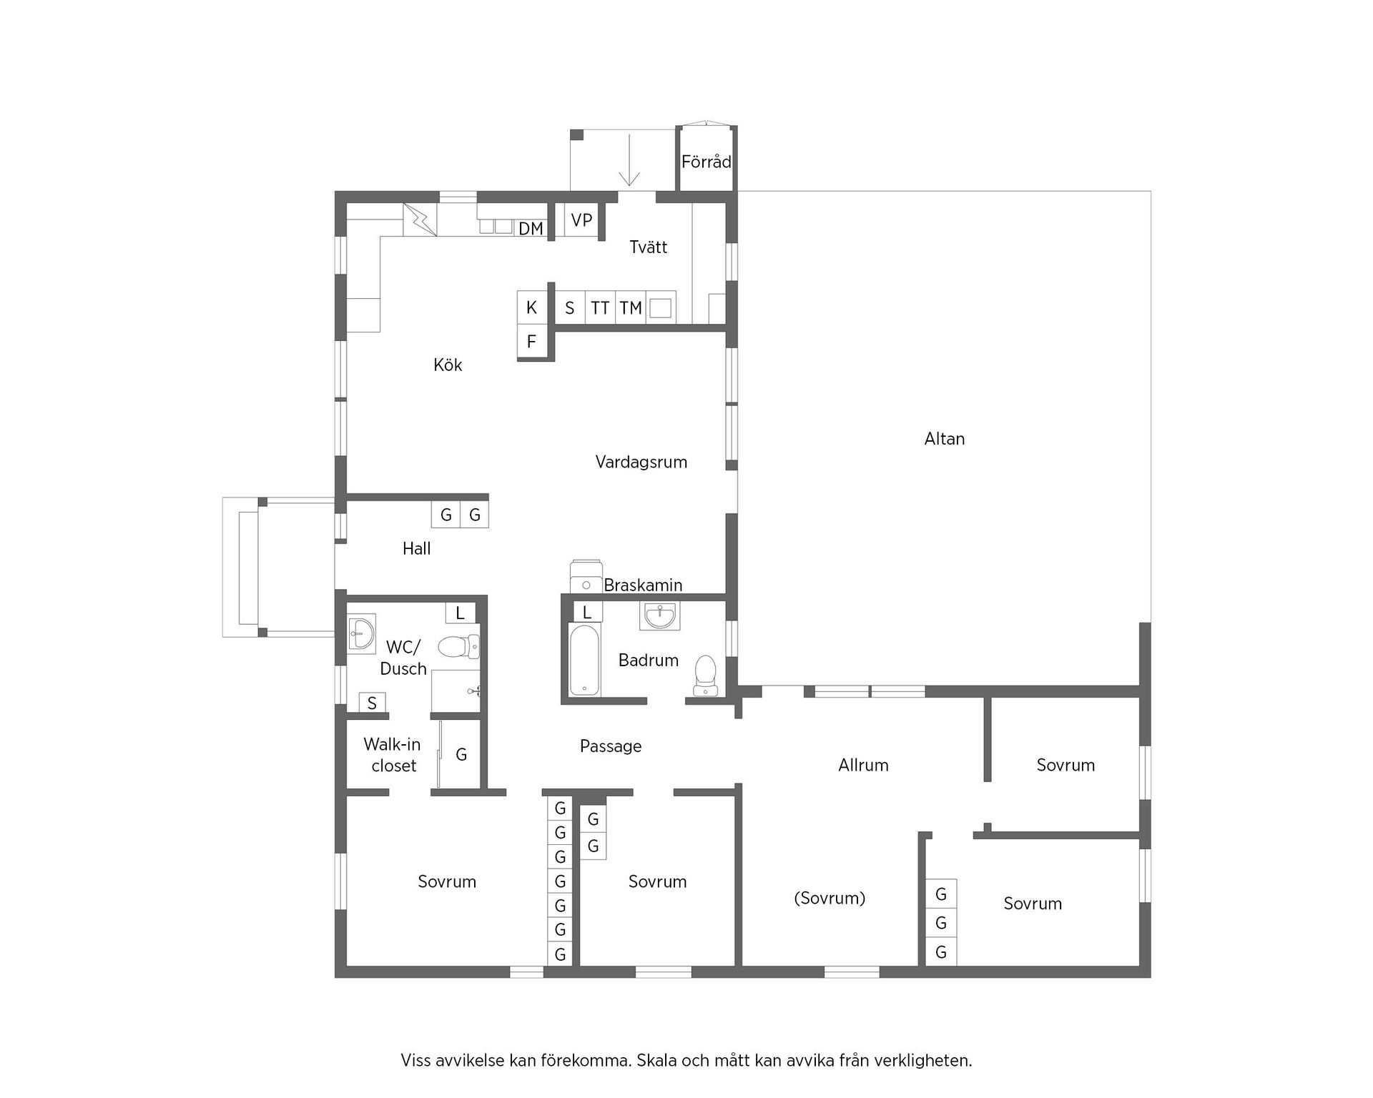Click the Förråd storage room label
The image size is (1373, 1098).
click(706, 162)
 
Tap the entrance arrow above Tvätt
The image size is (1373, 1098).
click(629, 161)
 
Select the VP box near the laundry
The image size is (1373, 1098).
click(581, 220)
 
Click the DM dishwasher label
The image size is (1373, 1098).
click(531, 229)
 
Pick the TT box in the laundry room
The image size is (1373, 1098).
click(600, 308)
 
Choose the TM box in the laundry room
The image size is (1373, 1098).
click(630, 308)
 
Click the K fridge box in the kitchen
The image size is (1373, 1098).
click(531, 307)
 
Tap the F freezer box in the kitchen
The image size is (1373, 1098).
click(531, 342)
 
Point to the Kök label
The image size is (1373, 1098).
click(448, 365)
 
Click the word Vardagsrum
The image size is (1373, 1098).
click(641, 463)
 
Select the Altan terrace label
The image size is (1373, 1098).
click(944, 439)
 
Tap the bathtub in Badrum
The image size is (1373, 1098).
click(585, 660)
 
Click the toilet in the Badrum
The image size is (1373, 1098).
click(706, 674)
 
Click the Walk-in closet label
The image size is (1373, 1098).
click(392, 755)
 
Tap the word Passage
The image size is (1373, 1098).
click(610, 746)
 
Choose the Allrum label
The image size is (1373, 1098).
click(863, 766)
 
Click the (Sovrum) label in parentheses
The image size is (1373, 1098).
click(830, 899)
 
